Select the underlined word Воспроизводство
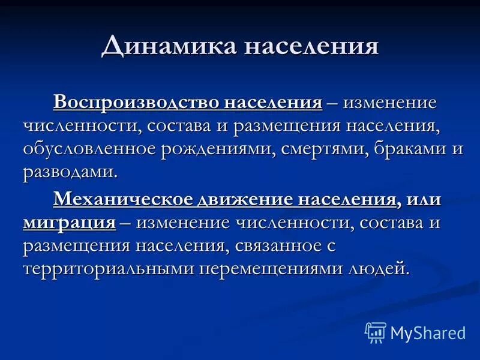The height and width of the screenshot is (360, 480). pyautogui.click(x=136, y=101)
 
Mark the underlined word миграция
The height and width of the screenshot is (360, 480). pyautogui.click(x=70, y=223)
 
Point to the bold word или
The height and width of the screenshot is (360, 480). pyautogui.click(x=422, y=199)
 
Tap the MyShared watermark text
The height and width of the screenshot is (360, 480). pyautogui.click(x=428, y=332)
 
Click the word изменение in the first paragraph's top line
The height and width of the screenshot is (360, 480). pyautogui.click(x=381, y=101)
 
